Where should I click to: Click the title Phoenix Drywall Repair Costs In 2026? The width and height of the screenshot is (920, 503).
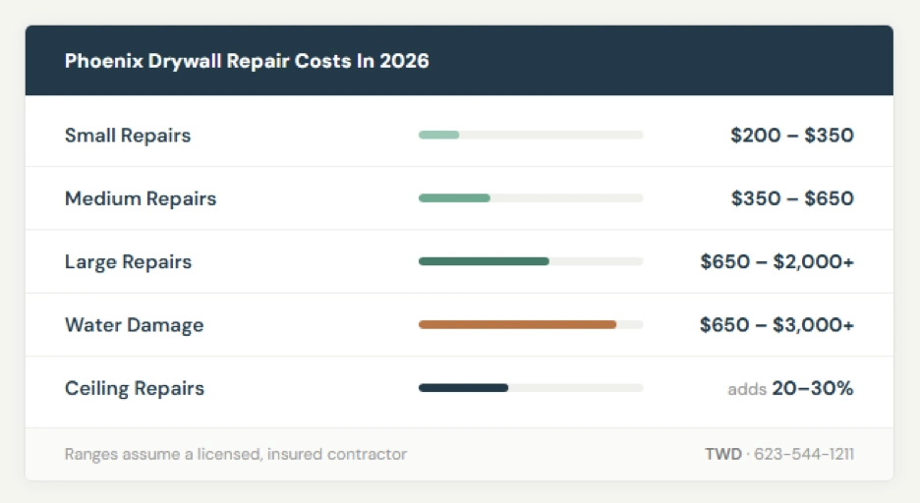[247, 61]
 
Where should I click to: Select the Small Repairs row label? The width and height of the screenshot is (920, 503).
[128, 136]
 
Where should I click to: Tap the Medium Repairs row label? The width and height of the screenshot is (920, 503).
[141, 198]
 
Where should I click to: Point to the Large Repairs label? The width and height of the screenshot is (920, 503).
[129, 262]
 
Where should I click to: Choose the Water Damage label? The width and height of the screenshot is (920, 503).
[135, 325]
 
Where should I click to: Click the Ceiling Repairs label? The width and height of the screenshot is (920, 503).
[135, 388]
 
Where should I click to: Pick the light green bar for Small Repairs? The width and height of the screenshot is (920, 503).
[439, 135]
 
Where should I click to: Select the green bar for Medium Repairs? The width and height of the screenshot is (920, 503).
[454, 198]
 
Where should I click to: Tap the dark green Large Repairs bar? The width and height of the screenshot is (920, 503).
[484, 261]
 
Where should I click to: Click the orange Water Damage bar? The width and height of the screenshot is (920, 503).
[517, 324]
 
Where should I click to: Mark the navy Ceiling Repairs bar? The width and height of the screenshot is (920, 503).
[463, 388]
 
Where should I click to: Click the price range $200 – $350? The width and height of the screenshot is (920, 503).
[792, 136]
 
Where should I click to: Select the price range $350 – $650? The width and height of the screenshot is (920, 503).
[792, 198]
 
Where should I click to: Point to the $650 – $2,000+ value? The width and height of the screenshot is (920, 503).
[776, 262]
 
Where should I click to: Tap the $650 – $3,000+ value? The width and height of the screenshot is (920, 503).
[776, 325]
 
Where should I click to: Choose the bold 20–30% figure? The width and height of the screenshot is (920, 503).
[813, 388]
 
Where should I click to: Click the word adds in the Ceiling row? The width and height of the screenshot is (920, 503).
[747, 389]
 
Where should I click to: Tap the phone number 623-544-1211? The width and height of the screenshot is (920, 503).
[805, 454]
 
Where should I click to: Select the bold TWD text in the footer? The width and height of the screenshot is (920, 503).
[722, 454]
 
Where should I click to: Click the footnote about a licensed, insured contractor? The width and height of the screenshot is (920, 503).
[236, 454]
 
